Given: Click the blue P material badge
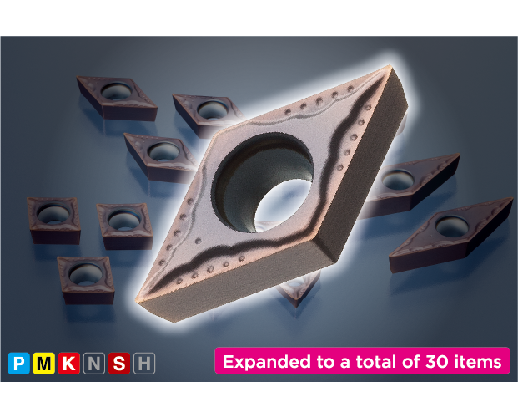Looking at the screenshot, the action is pyautogui.click(x=18, y=364).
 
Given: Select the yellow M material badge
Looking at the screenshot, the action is pyautogui.click(x=43, y=364).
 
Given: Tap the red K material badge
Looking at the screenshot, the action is pyautogui.click(x=68, y=364).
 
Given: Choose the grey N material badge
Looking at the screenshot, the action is pyautogui.click(x=94, y=364).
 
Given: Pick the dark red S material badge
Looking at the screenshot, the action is pyautogui.click(x=119, y=364).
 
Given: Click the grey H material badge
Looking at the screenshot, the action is pyautogui.click(x=144, y=364).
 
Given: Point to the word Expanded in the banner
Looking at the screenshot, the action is pyautogui.click(x=267, y=362).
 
